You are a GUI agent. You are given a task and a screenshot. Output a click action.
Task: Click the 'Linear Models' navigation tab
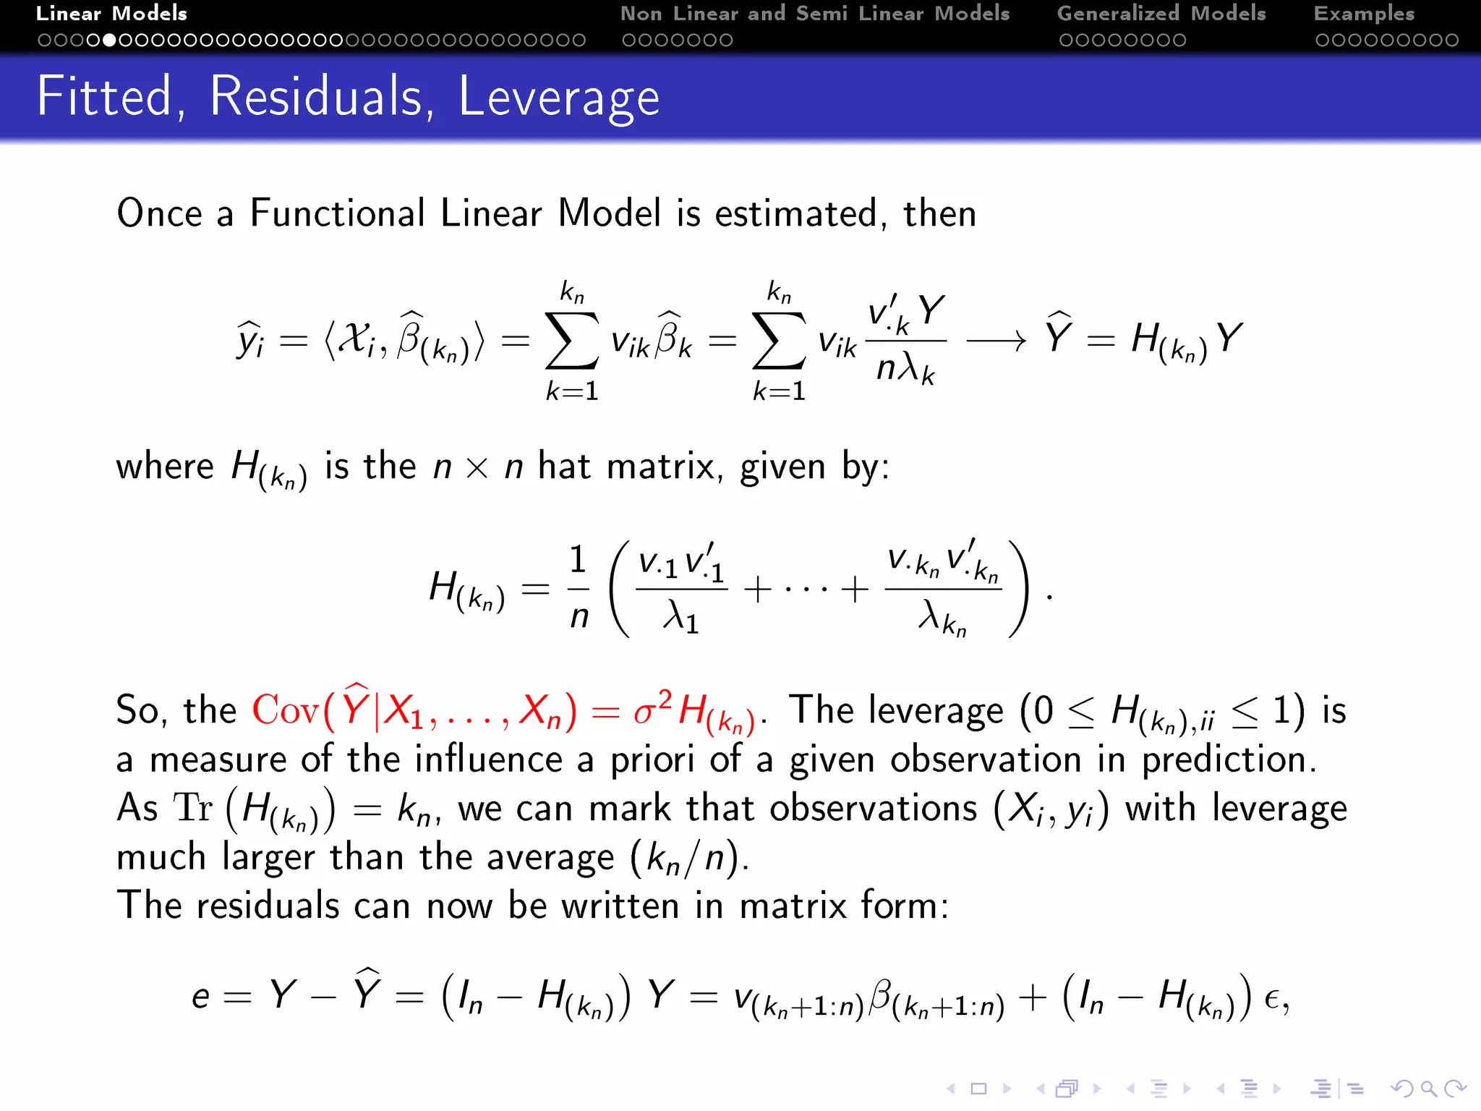click(x=111, y=14)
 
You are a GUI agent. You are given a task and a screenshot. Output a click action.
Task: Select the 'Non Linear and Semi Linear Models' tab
click(x=814, y=14)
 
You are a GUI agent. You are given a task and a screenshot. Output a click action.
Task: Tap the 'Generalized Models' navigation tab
click(x=1161, y=14)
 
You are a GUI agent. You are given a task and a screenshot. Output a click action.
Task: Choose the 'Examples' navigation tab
click(x=1364, y=14)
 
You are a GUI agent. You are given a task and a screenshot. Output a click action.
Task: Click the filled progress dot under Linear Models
click(x=109, y=41)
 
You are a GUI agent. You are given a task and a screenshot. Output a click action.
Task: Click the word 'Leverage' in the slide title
click(x=559, y=97)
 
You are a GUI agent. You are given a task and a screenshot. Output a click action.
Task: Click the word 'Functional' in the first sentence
click(x=337, y=213)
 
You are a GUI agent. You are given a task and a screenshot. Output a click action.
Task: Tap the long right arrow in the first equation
click(x=996, y=340)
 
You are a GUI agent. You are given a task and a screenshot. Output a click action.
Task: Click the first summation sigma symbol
click(x=571, y=341)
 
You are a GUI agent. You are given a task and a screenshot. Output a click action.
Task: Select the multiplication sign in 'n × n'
click(x=477, y=468)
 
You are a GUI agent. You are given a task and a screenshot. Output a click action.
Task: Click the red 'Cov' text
click(x=285, y=710)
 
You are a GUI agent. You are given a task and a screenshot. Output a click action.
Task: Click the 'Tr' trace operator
click(x=193, y=808)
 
